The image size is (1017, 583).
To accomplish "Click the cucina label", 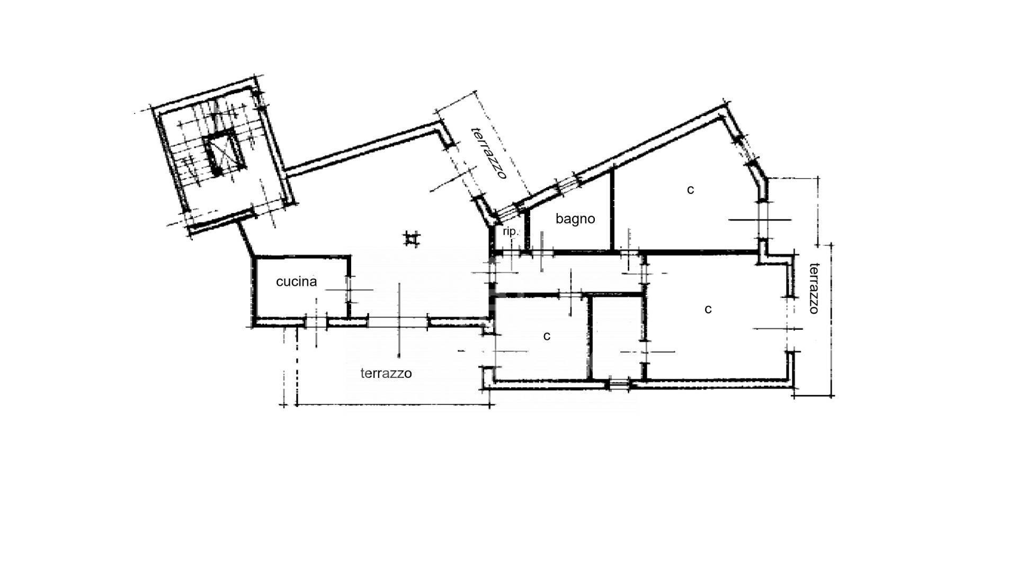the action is click(x=296, y=281).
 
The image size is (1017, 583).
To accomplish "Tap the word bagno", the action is click(x=575, y=219).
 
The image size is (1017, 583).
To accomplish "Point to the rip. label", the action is click(x=510, y=232).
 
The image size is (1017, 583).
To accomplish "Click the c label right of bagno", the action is click(x=690, y=189).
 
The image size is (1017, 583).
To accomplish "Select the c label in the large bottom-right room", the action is click(x=708, y=309).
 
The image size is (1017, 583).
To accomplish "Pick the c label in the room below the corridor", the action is click(x=547, y=336).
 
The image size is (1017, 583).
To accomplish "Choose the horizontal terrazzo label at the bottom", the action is click(x=386, y=373).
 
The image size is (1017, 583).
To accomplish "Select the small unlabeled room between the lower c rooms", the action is click(x=618, y=337).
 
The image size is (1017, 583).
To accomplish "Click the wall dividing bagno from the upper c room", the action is click(x=612, y=208).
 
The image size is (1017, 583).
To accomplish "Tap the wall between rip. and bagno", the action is click(x=527, y=229).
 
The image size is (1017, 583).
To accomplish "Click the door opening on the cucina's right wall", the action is click(x=349, y=289).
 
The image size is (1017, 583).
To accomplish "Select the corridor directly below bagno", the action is click(x=570, y=273).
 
